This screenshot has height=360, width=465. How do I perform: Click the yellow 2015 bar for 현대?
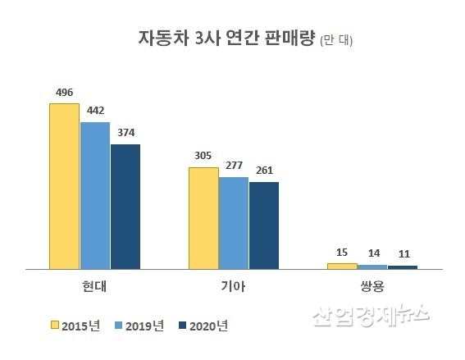pyautogui.click(x=64, y=186)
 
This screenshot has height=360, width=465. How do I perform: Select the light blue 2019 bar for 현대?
pyautogui.click(x=94, y=195)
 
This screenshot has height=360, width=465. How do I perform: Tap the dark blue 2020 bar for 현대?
pyautogui.click(x=125, y=207)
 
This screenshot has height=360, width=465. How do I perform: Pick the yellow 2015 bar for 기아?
pyautogui.click(x=203, y=218)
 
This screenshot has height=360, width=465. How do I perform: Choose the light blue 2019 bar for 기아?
pyautogui.click(x=234, y=223)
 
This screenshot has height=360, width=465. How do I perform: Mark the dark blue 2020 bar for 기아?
pyautogui.click(x=264, y=226)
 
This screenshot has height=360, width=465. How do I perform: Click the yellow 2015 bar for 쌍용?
pyautogui.click(x=342, y=266)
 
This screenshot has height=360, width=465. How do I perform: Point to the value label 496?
pyautogui.click(x=64, y=93)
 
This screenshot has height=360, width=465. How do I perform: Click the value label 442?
pyautogui.click(x=95, y=111)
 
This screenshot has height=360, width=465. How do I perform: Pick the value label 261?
pyautogui.click(x=264, y=171)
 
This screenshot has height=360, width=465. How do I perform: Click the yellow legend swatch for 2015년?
pyautogui.click(x=56, y=326)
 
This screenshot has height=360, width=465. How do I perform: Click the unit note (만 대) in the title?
pyautogui.click(x=336, y=39)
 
